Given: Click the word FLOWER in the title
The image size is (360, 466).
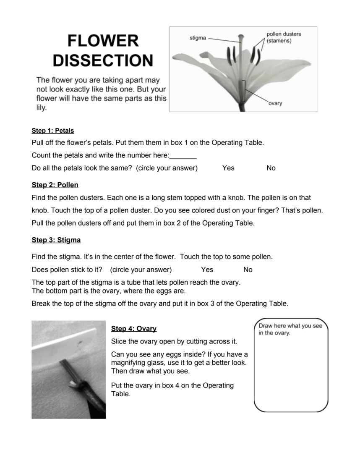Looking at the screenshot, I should pyautogui.click(x=103, y=41).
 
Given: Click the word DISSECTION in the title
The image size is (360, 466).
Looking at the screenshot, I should pyautogui.click(x=103, y=60).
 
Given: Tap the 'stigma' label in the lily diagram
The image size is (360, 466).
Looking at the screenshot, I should pyautogui.click(x=198, y=38).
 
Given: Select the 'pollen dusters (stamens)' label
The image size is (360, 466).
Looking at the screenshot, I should pyautogui.click(x=284, y=37).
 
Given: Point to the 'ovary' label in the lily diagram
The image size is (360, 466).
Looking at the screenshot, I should pyautogui.click(x=275, y=103).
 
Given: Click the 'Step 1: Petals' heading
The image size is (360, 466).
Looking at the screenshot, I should pyautogui.click(x=53, y=131).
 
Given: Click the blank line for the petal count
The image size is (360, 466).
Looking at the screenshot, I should pyautogui.click(x=183, y=156).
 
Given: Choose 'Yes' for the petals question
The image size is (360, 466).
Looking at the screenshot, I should pyautogui.click(x=228, y=168).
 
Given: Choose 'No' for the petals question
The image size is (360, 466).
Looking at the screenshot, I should pyautogui.click(x=271, y=168).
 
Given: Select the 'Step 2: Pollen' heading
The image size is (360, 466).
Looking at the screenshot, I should pyautogui.click(x=55, y=185).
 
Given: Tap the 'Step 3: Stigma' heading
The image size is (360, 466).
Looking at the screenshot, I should pyautogui.click(x=56, y=240).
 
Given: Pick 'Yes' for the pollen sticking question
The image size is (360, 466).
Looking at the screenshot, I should pyautogui.click(x=207, y=270).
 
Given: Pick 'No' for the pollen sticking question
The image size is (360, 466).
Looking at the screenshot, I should pyautogui.click(x=248, y=270).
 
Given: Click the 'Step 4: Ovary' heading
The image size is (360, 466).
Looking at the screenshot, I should pyautogui.click(x=134, y=329).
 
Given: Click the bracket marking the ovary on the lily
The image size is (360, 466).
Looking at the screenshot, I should pyautogui.click(x=244, y=91).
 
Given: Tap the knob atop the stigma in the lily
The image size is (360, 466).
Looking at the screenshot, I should pyautogui.click(x=240, y=39).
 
